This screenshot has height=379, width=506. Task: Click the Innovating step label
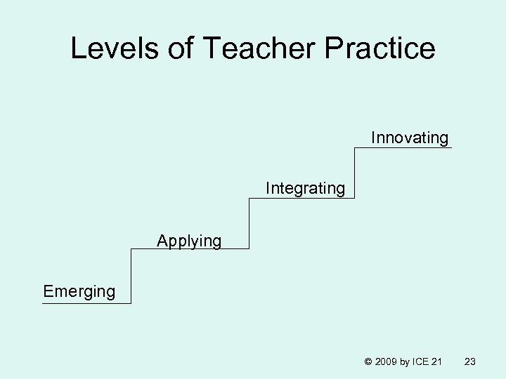pos(410,138)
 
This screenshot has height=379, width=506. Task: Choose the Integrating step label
pos(305,189)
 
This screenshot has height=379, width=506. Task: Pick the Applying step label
pos(189,241)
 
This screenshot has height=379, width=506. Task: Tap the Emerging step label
pos(79,291)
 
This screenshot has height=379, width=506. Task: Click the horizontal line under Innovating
pos(403,147)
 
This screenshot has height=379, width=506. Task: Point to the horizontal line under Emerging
pos(86,303)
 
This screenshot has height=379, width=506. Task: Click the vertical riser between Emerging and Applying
pos(131,276)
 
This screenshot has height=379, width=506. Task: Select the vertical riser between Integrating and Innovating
pos(355,173)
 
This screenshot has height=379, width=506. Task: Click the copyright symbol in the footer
pos(367,361)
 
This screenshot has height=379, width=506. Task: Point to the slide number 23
pos(471,361)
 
